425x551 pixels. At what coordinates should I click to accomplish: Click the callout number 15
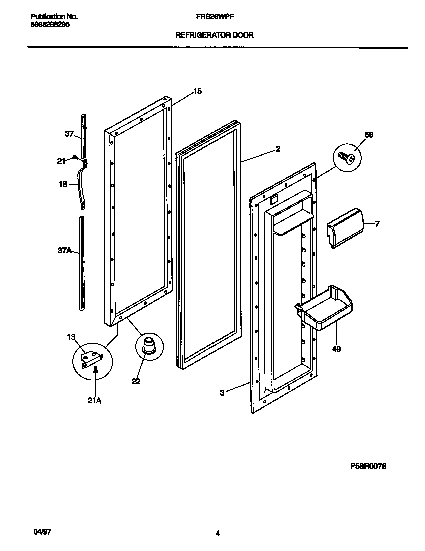tap(197, 91)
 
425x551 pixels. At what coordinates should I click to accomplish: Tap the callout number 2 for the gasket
tap(278, 149)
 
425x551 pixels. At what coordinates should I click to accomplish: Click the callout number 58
tap(369, 135)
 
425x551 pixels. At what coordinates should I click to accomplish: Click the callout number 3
tap(222, 393)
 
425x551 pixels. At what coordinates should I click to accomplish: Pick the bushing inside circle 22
tap(149, 345)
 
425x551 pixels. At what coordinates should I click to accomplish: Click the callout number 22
tap(136, 381)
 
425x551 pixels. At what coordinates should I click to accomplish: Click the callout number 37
tap(69, 134)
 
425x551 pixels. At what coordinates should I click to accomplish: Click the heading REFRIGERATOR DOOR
tap(215, 35)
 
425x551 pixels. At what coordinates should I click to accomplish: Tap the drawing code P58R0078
tap(368, 466)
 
